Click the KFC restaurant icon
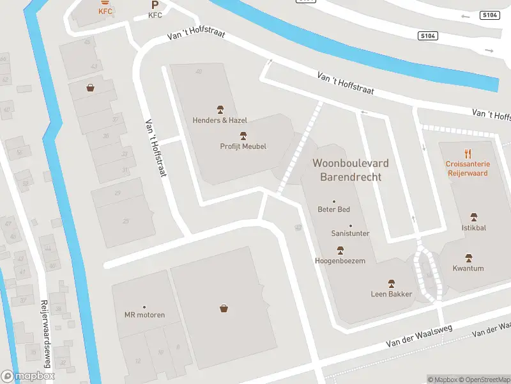click(104, 3)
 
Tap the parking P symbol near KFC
click(155, 4)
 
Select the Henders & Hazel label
click(220, 120)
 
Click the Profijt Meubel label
click(243, 146)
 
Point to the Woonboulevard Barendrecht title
click(350, 170)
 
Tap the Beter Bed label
click(333, 209)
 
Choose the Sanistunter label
click(350, 234)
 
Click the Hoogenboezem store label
click(340, 260)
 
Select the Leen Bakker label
click(392, 294)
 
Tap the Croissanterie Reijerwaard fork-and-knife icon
click(468, 154)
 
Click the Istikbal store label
click(473, 227)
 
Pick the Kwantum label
click(468, 268)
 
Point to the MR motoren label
click(144, 314)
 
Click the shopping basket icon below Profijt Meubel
click(224, 308)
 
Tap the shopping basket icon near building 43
click(91, 88)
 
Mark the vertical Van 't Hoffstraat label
click(155, 148)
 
